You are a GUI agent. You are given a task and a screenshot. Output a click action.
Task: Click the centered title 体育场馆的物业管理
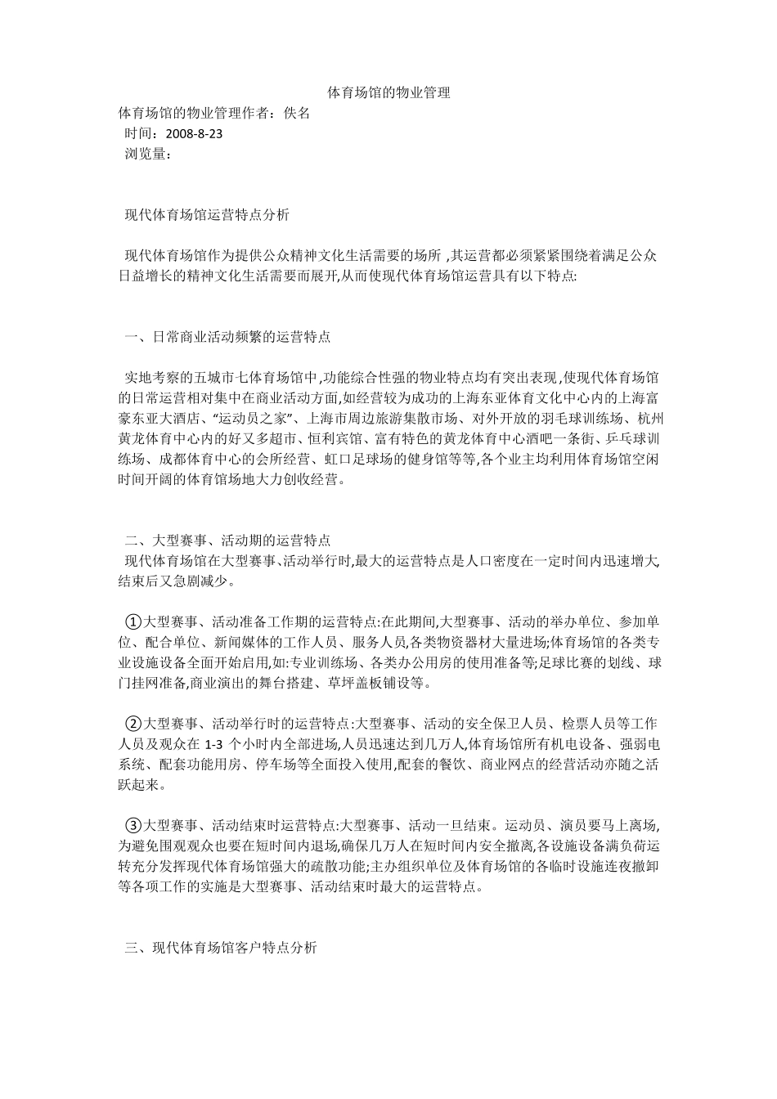pos(388,93)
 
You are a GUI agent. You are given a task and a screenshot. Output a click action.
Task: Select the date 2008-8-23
pos(194,133)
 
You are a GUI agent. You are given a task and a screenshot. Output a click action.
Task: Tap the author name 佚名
pos(296,114)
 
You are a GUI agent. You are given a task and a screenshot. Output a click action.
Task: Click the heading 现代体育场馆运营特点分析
pos(206,216)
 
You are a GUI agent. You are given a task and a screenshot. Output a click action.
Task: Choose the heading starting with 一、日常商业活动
pos(227,336)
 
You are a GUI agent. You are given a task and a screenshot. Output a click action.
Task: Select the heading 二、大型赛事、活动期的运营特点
pos(227,541)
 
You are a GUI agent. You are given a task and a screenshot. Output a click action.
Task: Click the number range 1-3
pos(213,744)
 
